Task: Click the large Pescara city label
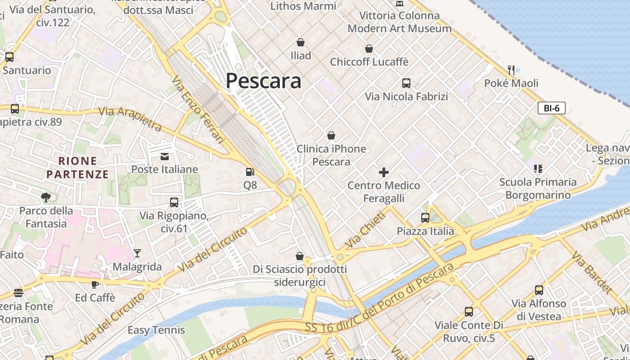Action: tap(263, 81)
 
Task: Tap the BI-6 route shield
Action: tap(551, 108)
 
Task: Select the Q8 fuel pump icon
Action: tap(250, 172)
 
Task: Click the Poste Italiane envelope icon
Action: tap(165, 156)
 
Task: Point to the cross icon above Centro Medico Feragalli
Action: tap(384, 172)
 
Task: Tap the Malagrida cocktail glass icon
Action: tap(137, 253)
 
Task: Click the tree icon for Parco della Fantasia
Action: tap(45, 197)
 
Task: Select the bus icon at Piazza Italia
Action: tap(425, 218)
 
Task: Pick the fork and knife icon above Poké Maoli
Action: tap(511, 70)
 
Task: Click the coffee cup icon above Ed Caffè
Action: tap(95, 284)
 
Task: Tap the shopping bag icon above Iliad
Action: tap(300, 42)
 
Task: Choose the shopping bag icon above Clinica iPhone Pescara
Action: tap(331, 135)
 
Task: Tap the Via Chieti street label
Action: tap(365, 229)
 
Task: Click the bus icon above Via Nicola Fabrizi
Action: tap(406, 83)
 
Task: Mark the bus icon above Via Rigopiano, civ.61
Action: tap(174, 202)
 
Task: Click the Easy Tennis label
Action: tap(156, 330)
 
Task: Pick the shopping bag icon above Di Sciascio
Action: tap(300, 256)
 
